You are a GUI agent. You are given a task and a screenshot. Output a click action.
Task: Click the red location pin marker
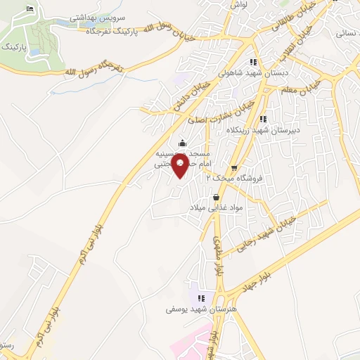pyautogui.click(x=180, y=166)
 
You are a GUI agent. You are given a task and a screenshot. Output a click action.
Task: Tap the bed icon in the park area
pyautogui.click(x=29, y=8)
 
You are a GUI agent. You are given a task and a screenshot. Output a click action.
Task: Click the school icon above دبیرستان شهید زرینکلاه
pyautogui.click(x=264, y=119)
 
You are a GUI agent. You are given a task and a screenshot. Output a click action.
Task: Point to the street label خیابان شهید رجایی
pyautogui.click(x=271, y=229)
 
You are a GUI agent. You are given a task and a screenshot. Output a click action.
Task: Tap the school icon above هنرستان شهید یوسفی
pyautogui.click(x=201, y=298)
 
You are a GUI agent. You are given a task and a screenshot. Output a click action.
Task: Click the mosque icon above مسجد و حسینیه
pyautogui.click(x=182, y=143)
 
